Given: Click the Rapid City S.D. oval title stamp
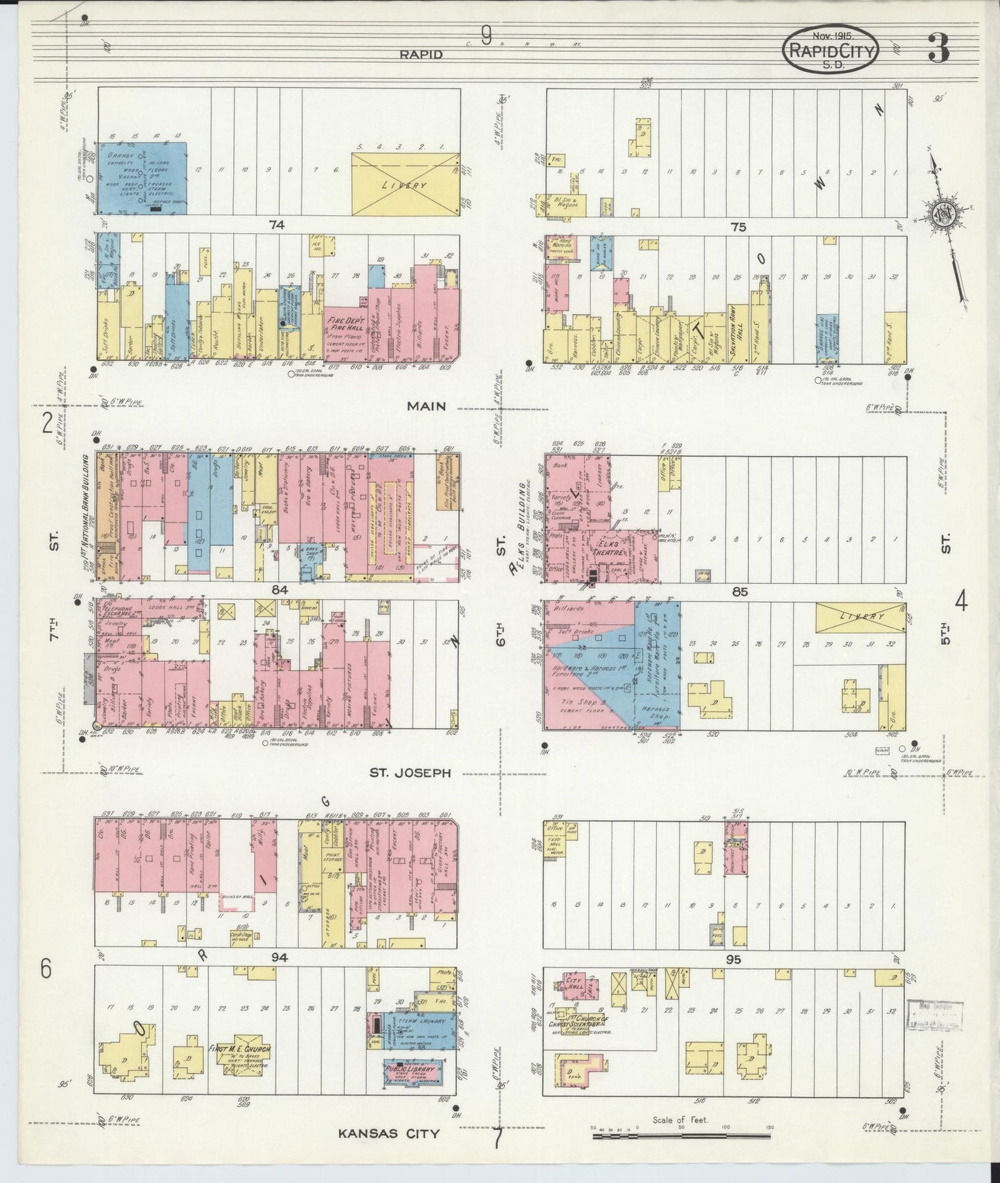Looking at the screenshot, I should tap(831, 50).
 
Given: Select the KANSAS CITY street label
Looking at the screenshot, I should tap(389, 1133).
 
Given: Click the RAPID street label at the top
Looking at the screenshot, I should tap(420, 54).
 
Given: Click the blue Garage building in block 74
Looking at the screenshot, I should tap(140, 177).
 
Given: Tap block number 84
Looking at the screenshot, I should tap(279, 590).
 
